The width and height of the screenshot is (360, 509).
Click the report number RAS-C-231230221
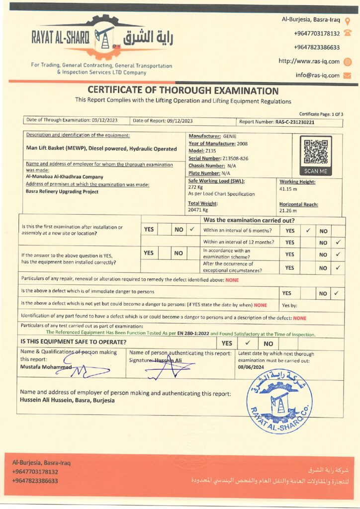295,122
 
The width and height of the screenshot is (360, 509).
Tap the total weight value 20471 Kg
198,210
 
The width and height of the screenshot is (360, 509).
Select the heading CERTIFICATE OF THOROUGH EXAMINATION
183,90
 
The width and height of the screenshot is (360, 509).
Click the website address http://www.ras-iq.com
309,62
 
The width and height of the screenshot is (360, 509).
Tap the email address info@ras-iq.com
317,76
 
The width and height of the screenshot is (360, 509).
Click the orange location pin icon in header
348,20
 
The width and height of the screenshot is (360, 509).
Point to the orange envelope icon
347,76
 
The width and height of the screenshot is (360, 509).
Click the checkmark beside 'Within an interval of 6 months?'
308,230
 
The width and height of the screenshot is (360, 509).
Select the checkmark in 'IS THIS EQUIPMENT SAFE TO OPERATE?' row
247,343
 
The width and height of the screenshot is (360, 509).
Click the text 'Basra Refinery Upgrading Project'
62,191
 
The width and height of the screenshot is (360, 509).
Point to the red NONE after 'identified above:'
232,280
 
